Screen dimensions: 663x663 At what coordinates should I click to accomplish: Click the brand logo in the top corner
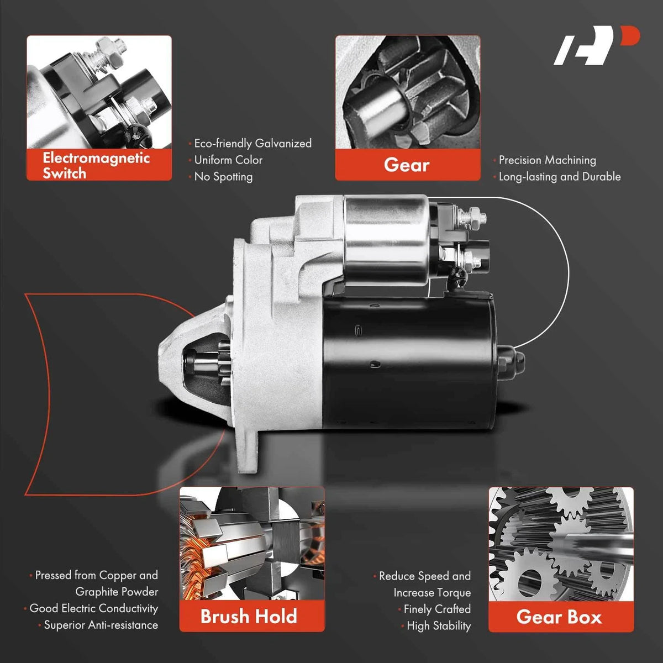[x=596, y=45]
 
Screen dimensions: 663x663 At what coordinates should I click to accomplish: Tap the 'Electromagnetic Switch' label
[x=96, y=166]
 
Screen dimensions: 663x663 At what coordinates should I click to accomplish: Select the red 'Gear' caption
[x=407, y=165]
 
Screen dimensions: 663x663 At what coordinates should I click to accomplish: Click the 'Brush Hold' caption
[x=249, y=616]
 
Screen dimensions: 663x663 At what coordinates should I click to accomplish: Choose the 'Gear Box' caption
[x=559, y=617]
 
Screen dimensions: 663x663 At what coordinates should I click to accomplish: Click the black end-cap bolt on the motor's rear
[x=511, y=360]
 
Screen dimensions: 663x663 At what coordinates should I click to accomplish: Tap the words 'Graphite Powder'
[x=117, y=591]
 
